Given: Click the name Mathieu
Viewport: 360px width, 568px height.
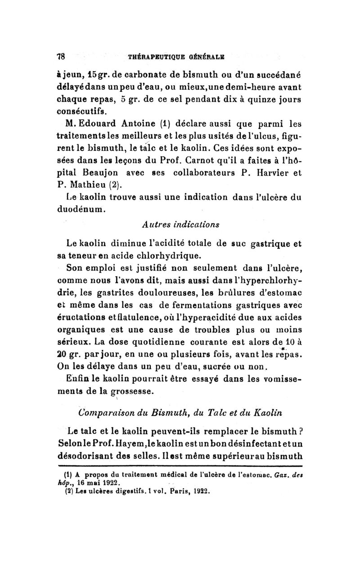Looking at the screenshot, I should [88, 185].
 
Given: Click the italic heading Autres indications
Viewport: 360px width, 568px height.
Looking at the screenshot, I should [181, 224].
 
